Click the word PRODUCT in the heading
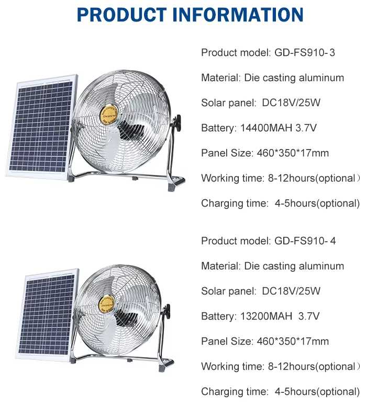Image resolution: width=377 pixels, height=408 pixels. [x=121, y=15]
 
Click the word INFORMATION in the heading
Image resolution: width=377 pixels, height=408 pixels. [x=238, y=15]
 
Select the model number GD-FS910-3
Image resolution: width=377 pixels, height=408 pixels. [x=305, y=52]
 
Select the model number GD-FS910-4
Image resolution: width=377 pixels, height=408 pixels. [x=305, y=241]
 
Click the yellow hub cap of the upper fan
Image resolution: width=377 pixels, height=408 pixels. [x=109, y=114]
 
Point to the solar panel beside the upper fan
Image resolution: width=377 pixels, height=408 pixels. [x=42, y=127]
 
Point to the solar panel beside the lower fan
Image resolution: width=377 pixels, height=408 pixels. [x=48, y=314]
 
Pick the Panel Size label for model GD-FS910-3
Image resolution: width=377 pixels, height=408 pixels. [x=227, y=153]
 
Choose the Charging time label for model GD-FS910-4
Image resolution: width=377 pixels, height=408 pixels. [x=235, y=392]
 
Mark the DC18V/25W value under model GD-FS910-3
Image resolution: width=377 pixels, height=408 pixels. [x=291, y=103]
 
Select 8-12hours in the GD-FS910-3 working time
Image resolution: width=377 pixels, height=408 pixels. [x=292, y=178]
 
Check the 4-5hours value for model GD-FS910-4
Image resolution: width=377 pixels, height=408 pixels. [x=295, y=392]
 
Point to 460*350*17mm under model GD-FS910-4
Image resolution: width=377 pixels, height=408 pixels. [x=293, y=342]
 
